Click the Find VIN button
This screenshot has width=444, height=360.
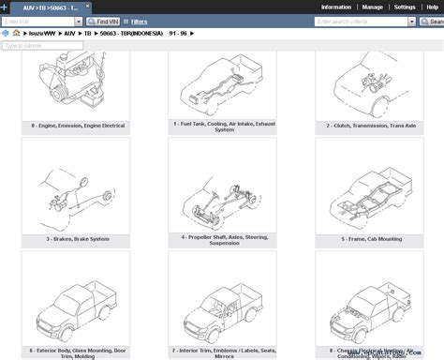coord(104,21)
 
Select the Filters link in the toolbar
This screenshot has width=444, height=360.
coord(139,21)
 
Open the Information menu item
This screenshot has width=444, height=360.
coord(335,7)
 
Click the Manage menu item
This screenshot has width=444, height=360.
coord(372,7)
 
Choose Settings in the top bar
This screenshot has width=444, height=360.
coord(405,7)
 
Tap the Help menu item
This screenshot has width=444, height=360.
coord(432,7)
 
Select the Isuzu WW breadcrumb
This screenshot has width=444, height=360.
coord(39,33)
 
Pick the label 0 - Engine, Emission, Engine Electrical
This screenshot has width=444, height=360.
coord(75,124)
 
